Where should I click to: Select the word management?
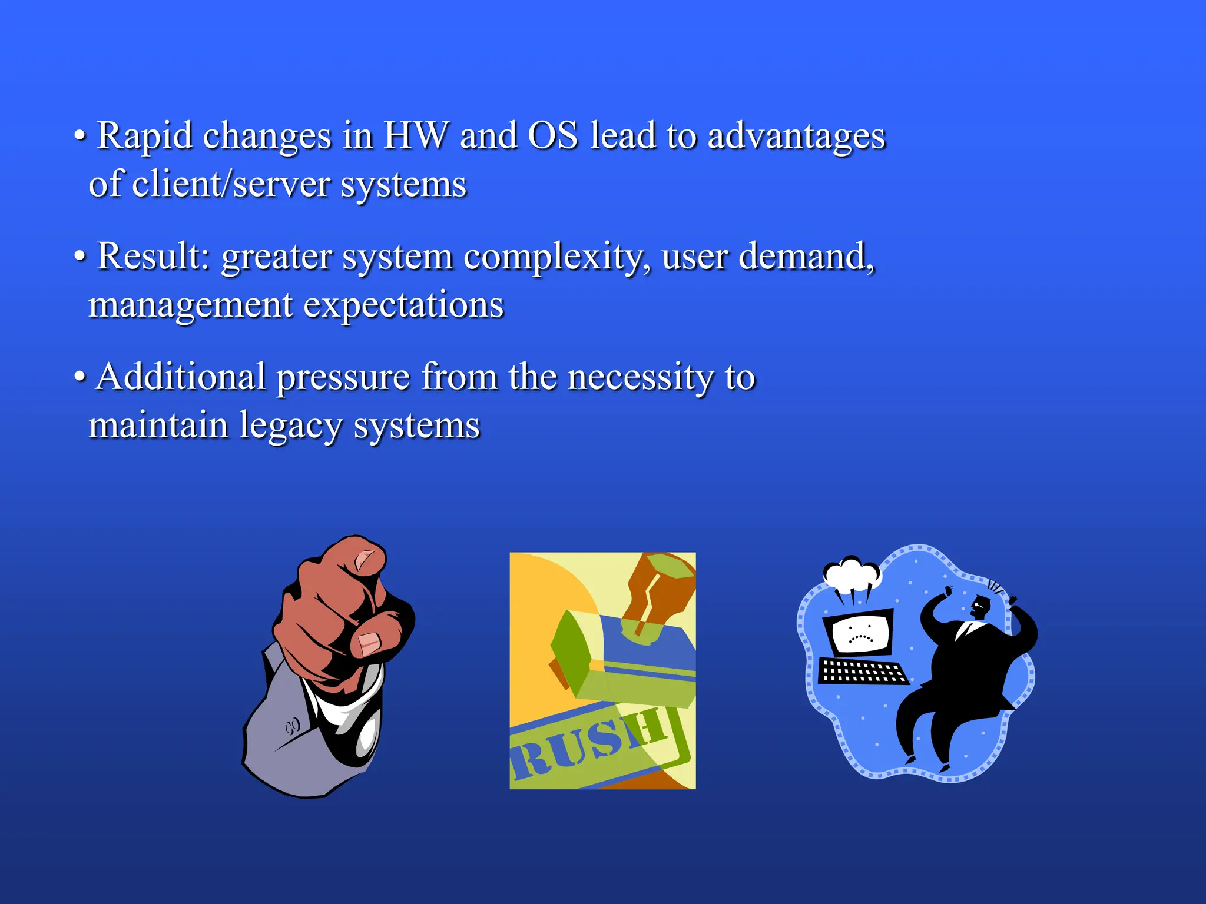coord(190,307)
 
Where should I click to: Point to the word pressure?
coord(343,378)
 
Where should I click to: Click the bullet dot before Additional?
coord(79,377)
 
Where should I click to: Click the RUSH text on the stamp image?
coord(589,745)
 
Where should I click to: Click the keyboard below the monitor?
coord(862,672)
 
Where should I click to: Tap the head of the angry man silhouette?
coord(980,606)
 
